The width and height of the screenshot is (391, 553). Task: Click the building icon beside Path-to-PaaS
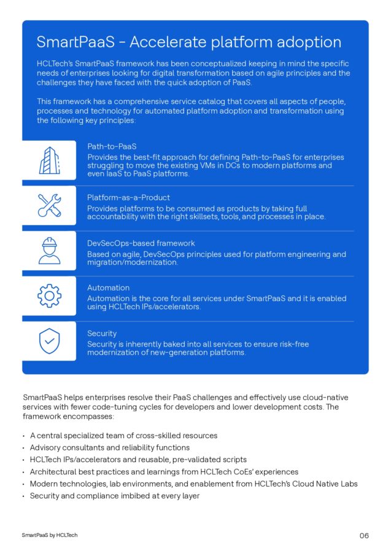49,160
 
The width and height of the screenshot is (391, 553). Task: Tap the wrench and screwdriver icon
49,206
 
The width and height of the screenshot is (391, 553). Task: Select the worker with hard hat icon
49,251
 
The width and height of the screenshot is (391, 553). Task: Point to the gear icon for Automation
49,296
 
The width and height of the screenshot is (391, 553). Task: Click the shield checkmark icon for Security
49,341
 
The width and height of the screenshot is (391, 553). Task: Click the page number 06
364,536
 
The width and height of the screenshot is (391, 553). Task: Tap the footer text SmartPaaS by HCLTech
50,535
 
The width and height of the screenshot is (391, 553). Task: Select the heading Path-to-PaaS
112,146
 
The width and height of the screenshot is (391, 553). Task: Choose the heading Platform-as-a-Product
128,197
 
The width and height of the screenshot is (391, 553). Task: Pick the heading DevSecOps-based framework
141,243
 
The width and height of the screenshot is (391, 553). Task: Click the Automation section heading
108,288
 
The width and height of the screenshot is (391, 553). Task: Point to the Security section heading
102,333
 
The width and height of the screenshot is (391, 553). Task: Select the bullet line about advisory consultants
109,447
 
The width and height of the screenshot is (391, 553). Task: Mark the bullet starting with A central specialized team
123,435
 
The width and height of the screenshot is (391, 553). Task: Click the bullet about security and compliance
114,495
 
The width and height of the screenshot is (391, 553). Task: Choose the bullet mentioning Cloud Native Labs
193,484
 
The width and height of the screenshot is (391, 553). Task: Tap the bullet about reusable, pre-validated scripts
138,459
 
